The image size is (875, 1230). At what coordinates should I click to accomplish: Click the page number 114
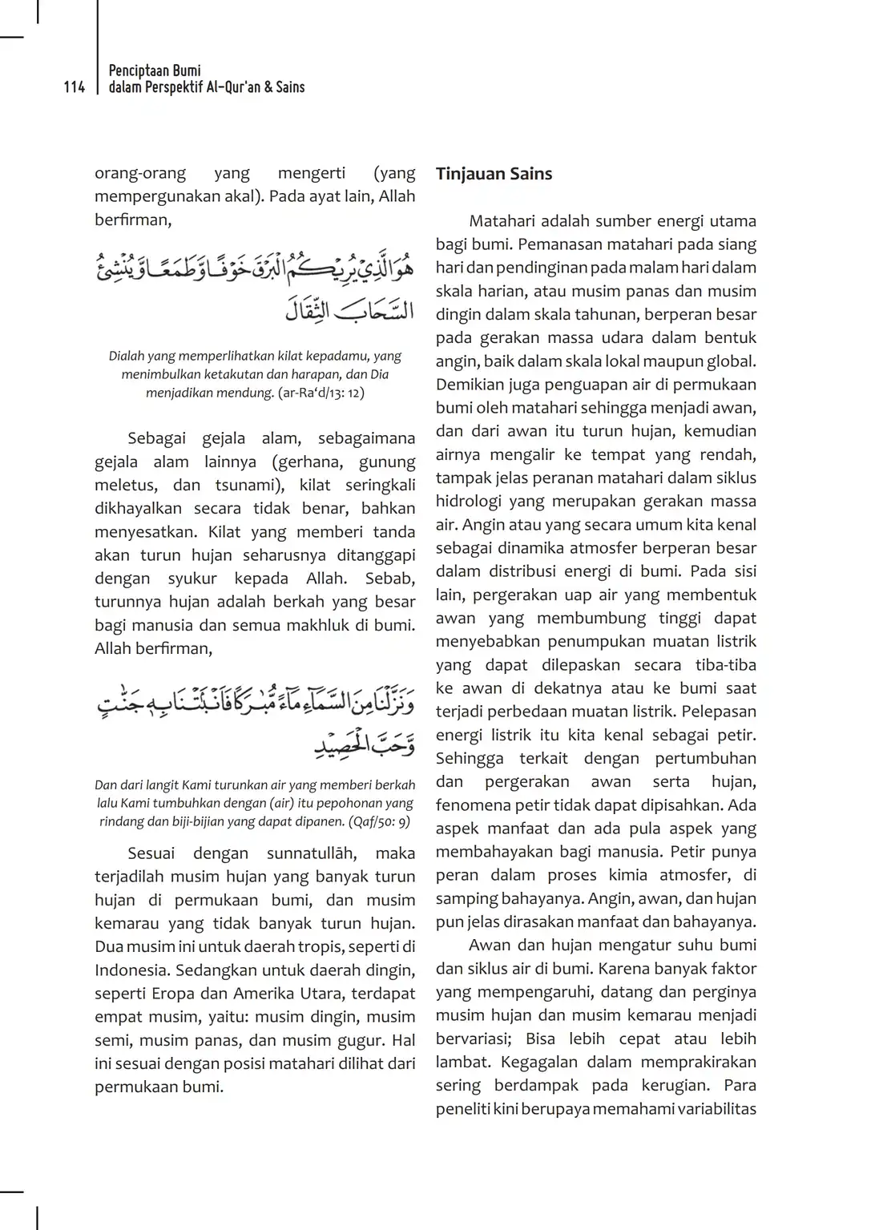(x=75, y=87)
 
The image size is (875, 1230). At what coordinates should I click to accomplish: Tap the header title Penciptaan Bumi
(x=155, y=71)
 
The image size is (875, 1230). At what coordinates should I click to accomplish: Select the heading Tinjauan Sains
(x=494, y=174)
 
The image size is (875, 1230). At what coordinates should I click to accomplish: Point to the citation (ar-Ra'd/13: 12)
(x=318, y=393)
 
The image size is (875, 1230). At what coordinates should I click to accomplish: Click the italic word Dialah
(x=127, y=356)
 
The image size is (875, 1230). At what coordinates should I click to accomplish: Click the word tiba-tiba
(x=727, y=665)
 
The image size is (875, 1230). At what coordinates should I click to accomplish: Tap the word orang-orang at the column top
(x=140, y=173)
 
